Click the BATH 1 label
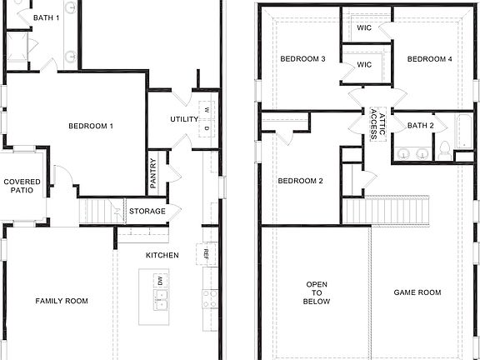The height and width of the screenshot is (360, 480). click(x=45, y=17)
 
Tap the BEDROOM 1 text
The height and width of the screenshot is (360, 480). click(x=90, y=126)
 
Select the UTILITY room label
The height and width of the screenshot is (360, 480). click(x=183, y=119)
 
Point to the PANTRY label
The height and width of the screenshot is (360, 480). click(x=153, y=173)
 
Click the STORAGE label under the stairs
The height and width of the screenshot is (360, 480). click(x=147, y=211)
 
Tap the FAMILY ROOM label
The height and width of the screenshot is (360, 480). click(x=61, y=301)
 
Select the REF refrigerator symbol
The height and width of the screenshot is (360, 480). click(x=205, y=251)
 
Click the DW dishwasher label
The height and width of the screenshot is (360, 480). click(x=161, y=280)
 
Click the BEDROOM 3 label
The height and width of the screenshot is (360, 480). click(x=302, y=59)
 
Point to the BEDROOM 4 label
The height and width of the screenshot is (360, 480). click(x=429, y=59)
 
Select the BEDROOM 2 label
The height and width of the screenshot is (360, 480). click(x=300, y=182)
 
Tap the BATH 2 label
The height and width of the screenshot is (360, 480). click(x=421, y=126)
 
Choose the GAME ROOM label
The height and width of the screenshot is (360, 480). click(x=417, y=292)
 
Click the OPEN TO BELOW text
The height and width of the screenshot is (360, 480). click(x=317, y=292)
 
